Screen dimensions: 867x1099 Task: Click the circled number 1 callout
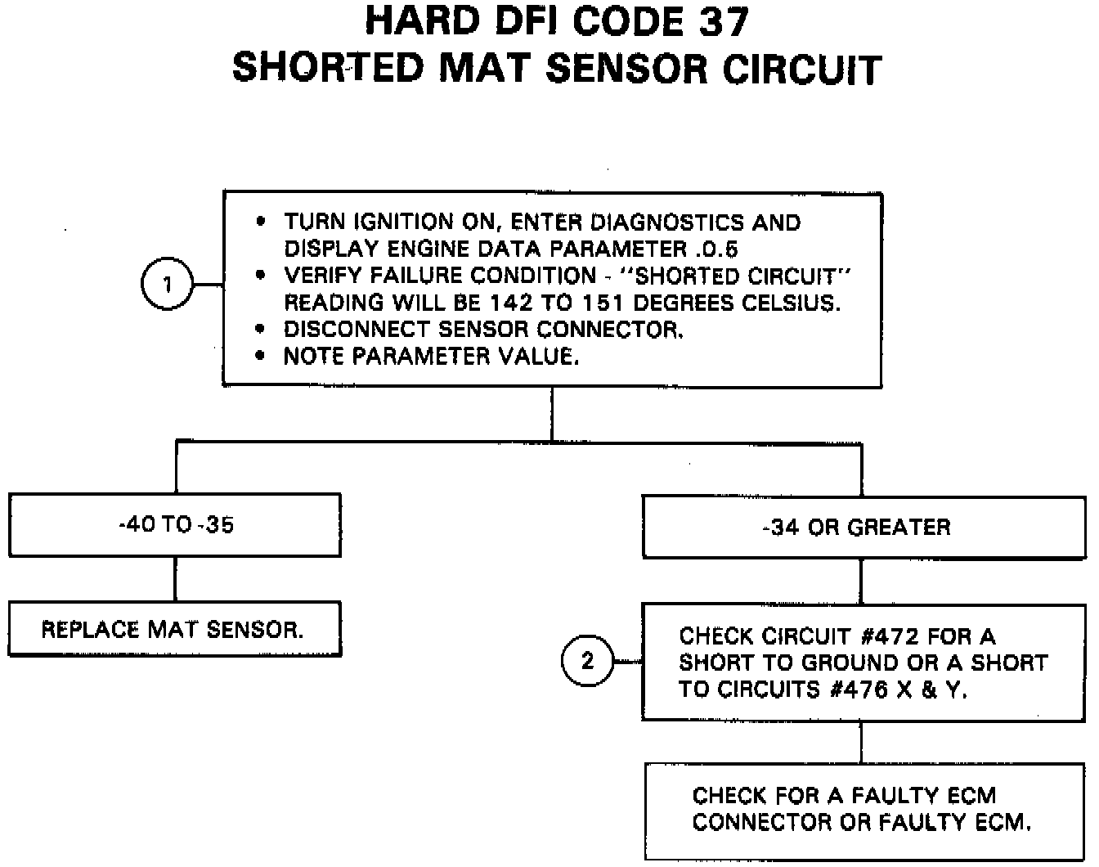pyautogui.click(x=168, y=285)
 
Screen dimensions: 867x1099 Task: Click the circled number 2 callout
pyautogui.click(x=587, y=661)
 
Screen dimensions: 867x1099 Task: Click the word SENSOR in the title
pyautogui.click(x=626, y=69)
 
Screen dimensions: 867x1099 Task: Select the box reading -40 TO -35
pyautogui.click(x=175, y=525)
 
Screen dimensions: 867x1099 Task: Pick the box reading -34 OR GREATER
pyautogui.click(x=863, y=528)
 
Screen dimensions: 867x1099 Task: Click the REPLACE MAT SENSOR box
pyautogui.click(x=174, y=630)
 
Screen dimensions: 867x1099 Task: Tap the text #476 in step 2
pyautogui.click(x=858, y=690)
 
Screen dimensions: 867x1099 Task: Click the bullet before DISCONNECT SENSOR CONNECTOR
pyautogui.click(x=261, y=330)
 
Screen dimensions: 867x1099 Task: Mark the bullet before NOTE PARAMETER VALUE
pyautogui.click(x=261, y=357)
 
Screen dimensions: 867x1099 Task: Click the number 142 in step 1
pyautogui.click(x=510, y=303)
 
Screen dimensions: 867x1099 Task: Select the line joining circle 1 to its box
pyautogui.click(x=209, y=285)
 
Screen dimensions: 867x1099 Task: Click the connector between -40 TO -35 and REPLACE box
pyautogui.click(x=175, y=580)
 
